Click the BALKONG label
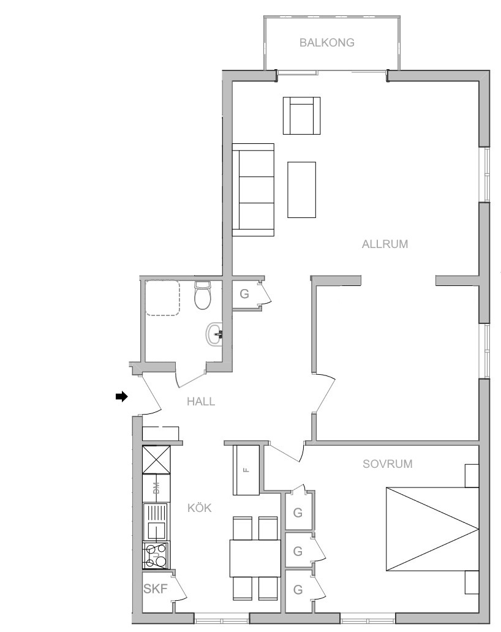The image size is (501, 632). coord(327,42)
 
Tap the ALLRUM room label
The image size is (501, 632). coord(385,244)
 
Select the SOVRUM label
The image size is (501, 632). coord(387,464)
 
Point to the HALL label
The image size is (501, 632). coord(201,402)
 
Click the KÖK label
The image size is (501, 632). coord(200,508)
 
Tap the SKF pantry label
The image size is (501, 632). coord(155,589)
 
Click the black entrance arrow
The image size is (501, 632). coord(122,397)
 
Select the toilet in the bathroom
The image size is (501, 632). coord(202,295)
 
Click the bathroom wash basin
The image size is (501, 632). coord(214,334)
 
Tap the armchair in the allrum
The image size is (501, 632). coord(301,115)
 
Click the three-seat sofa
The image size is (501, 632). coord(253,189)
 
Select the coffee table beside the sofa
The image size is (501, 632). coord(301,190)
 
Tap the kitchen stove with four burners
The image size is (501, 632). coord(156,555)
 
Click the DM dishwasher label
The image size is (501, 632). coord(156,487)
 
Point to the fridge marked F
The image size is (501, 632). coord(246,470)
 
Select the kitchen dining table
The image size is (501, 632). coord(255,559)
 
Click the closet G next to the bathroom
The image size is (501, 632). coord(244,294)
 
